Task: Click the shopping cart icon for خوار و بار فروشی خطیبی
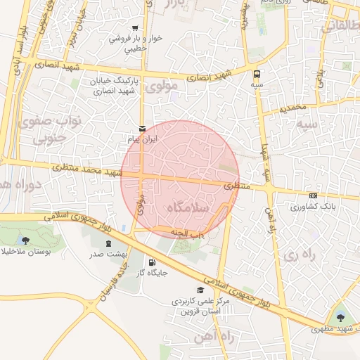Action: pyautogui.click(x=134, y=27)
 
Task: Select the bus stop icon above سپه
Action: pyautogui.click(x=257, y=72)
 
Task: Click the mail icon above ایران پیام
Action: pyautogui.click(x=143, y=129)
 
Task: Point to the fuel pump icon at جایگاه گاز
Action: pyautogui.click(x=152, y=263)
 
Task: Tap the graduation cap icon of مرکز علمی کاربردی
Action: pyautogui.click(x=200, y=290)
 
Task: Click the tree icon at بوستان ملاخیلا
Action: pyautogui.click(x=26, y=240)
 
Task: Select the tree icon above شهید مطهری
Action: pyautogui.click(x=341, y=318)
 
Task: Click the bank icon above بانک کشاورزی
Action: pyautogui.click(x=313, y=195)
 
